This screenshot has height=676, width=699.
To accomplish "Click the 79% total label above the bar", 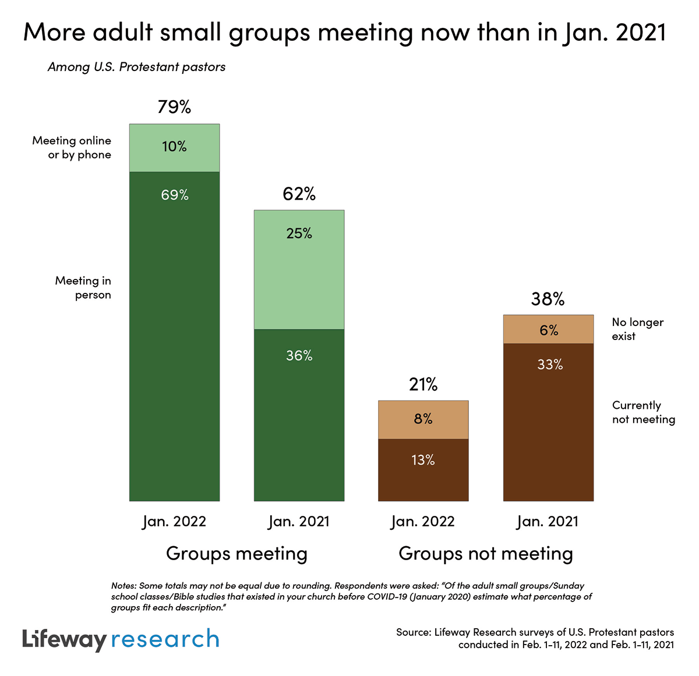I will [174, 107].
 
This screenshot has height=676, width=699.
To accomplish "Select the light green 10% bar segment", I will [174, 148].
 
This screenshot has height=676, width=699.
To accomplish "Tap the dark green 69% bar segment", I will [174, 336].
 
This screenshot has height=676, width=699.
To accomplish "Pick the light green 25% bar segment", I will [299, 270].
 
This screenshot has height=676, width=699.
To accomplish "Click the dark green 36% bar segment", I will [299, 415].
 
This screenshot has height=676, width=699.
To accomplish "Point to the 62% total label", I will [299, 194].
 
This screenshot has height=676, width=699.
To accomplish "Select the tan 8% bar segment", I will [423, 420].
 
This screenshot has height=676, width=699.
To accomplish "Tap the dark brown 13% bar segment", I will [423, 469].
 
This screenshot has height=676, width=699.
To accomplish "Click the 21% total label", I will [423, 384].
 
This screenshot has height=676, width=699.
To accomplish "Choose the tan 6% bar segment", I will [548, 330].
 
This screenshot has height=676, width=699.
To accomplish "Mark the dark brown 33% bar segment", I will [548, 422].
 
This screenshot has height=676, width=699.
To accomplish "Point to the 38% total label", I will [548, 299].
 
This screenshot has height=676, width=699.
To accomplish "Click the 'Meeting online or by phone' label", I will [72, 147].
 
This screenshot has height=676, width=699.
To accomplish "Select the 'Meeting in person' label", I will [83, 288].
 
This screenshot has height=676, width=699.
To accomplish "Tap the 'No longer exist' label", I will [637, 329].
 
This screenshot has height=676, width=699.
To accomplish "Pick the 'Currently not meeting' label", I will [643, 412].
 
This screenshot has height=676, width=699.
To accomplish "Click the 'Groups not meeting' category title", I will [486, 553].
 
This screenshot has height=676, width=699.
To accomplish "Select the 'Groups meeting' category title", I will [236, 553].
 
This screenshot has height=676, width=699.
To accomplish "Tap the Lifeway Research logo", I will [121, 639].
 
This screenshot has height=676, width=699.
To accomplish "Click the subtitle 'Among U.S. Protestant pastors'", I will [136, 67].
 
